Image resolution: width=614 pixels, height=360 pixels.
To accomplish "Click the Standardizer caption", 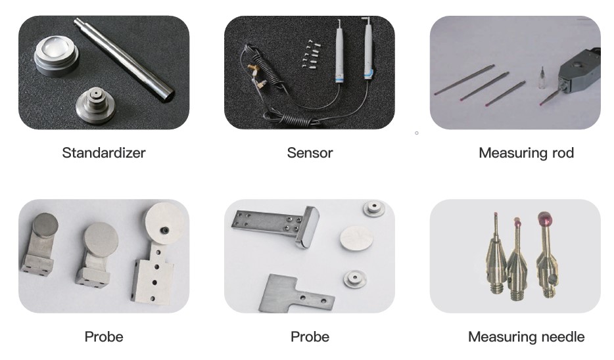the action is tap(104, 152).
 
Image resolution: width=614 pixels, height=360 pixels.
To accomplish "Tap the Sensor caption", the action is tap(310, 152).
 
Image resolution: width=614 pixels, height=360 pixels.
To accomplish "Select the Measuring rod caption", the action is tap(527, 152).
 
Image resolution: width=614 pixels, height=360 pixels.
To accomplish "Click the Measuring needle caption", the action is tap(527, 336).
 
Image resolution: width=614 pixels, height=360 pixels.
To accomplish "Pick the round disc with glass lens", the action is tap(56, 56).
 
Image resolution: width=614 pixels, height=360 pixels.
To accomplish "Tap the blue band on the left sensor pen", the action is tap(339, 78).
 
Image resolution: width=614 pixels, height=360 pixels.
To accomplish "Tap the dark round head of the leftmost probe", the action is tap(45, 225).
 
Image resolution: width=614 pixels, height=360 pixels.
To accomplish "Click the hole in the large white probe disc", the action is tap(165, 231).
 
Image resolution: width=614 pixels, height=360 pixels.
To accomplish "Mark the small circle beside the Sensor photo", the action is tap(417, 133).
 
